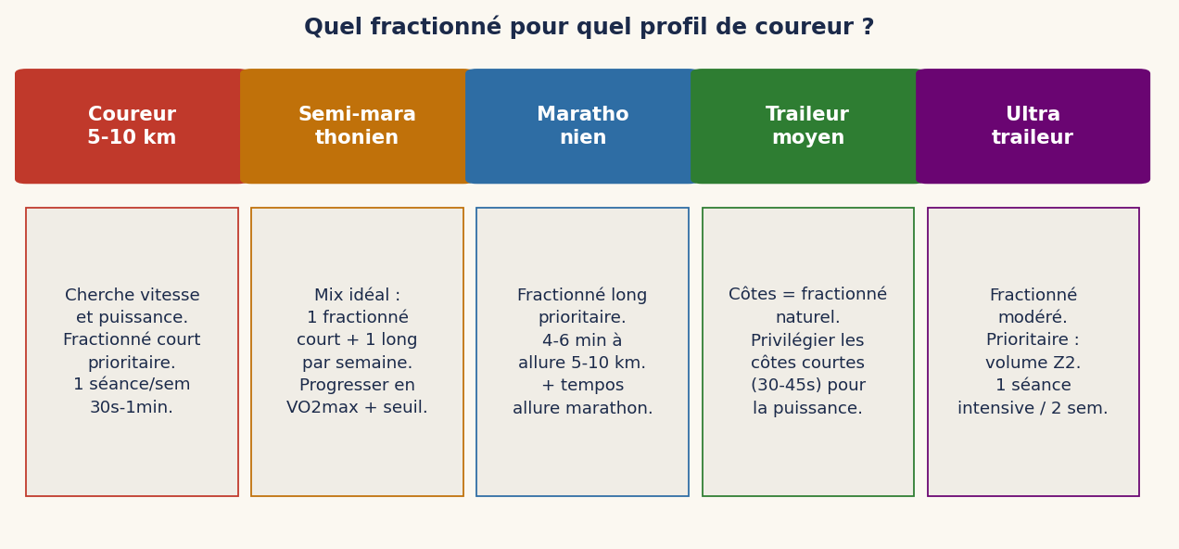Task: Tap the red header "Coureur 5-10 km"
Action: tap(132, 126)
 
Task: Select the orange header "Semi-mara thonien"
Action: tap(357, 126)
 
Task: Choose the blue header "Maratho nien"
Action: tap(582, 126)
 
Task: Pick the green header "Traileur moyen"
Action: tap(807, 126)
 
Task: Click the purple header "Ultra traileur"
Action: tap(1033, 126)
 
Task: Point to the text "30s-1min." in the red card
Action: tap(132, 408)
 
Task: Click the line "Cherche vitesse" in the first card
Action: tap(132, 296)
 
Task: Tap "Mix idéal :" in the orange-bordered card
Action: tap(357, 296)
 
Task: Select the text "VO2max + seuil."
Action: tap(357, 408)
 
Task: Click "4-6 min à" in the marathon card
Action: tap(582, 340)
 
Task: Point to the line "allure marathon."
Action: tap(582, 408)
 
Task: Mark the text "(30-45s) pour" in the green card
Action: tap(807, 386)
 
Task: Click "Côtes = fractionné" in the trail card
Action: tap(807, 295)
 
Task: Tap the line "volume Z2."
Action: tap(1033, 363)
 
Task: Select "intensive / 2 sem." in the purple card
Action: tap(1033, 408)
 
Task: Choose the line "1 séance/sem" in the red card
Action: tap(132, 385)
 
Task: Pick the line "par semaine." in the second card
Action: tap(357, 363)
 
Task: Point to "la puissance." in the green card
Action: tap(807, 408)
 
